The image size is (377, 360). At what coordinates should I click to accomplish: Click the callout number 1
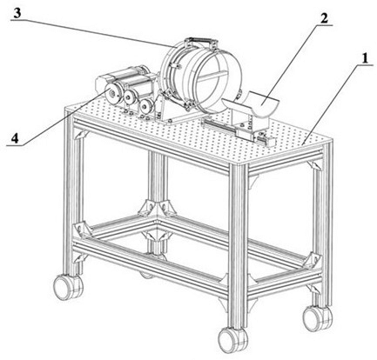(x=364, y=59)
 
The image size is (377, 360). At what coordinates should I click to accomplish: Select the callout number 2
(x=324, y=18)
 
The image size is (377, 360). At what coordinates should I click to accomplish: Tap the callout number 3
(x=17, y=13)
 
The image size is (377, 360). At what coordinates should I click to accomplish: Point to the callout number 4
(x=15, y=138)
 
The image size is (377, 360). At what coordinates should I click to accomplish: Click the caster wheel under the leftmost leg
(x=67, y=286)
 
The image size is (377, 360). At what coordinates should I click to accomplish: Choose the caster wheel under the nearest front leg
(x=232, y=339)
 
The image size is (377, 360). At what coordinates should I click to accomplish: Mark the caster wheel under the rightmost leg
(x=317, y=318)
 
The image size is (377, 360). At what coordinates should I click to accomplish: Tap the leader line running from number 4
(x=56, y=118)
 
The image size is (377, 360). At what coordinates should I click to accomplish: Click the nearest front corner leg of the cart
(x=238, y=246)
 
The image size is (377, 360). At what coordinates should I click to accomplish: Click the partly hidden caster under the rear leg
(x=146, y=275)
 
